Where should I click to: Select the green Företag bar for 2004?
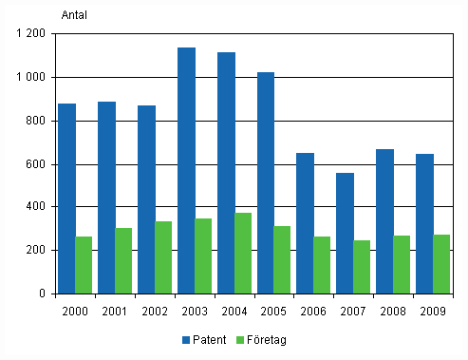pyautogui.click(x=244, y=253)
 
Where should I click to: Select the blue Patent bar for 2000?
pyautogui.click(x=66, y=199)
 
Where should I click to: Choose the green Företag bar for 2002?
pyautogui.click(x=164, y=257)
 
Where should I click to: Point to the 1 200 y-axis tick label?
pyautogui.click(x=31, y=34)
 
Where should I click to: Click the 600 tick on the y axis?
pyautogui.click(x=37, y=164)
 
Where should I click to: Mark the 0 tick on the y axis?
pyautogui.click(x=43, y=294)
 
